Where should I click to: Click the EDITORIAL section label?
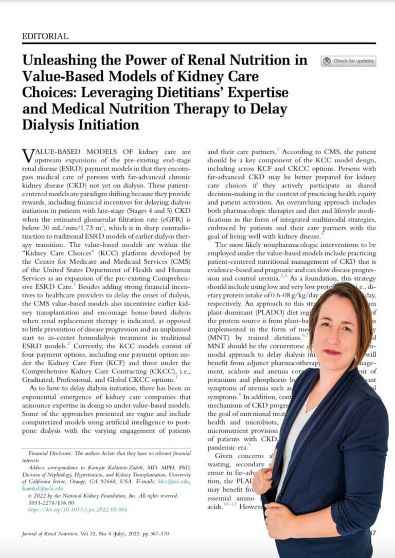point(45,37)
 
